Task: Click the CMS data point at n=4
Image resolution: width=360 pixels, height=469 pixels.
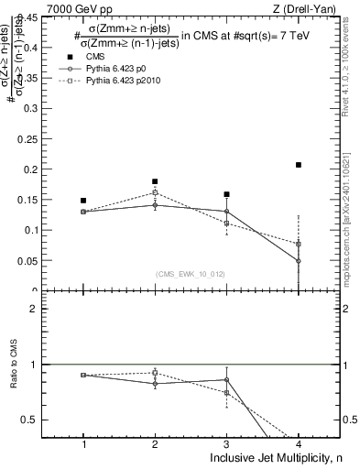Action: (x=299, y=165)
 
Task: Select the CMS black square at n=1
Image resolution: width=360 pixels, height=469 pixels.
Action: (x=83, y=200)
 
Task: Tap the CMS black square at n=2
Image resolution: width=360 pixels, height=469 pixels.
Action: (x=155, y=181)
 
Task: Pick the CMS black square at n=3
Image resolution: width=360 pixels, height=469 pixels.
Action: (x=226, y=194)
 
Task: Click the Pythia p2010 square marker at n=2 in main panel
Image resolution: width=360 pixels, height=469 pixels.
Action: (x=155, y=193)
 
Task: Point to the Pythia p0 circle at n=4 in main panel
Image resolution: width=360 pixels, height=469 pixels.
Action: (x=299, y=261)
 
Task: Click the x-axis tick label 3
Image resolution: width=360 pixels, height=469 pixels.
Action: (x=226, y=443)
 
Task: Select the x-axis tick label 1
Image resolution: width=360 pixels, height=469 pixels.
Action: (x=83, y=443)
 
